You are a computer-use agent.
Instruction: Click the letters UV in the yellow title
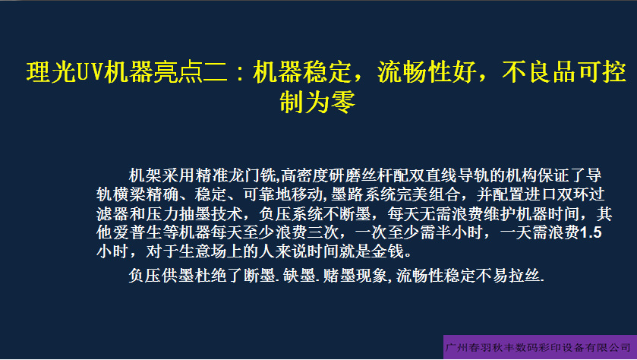(x=90, y=72)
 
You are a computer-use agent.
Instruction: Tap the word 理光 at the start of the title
(x=51, y=72)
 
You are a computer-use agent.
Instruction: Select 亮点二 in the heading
(x=191, y=72)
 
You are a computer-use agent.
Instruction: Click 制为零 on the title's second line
(x=317, y=102)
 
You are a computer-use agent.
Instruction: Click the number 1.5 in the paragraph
(x=591, y=233)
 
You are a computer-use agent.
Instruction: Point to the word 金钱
(x=388, y=252)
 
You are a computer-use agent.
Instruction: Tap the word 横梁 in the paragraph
(x=129, y=194)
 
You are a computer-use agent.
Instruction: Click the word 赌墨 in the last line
(x=339, y=276)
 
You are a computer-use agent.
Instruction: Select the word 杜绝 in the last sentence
(x=210, y=276)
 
